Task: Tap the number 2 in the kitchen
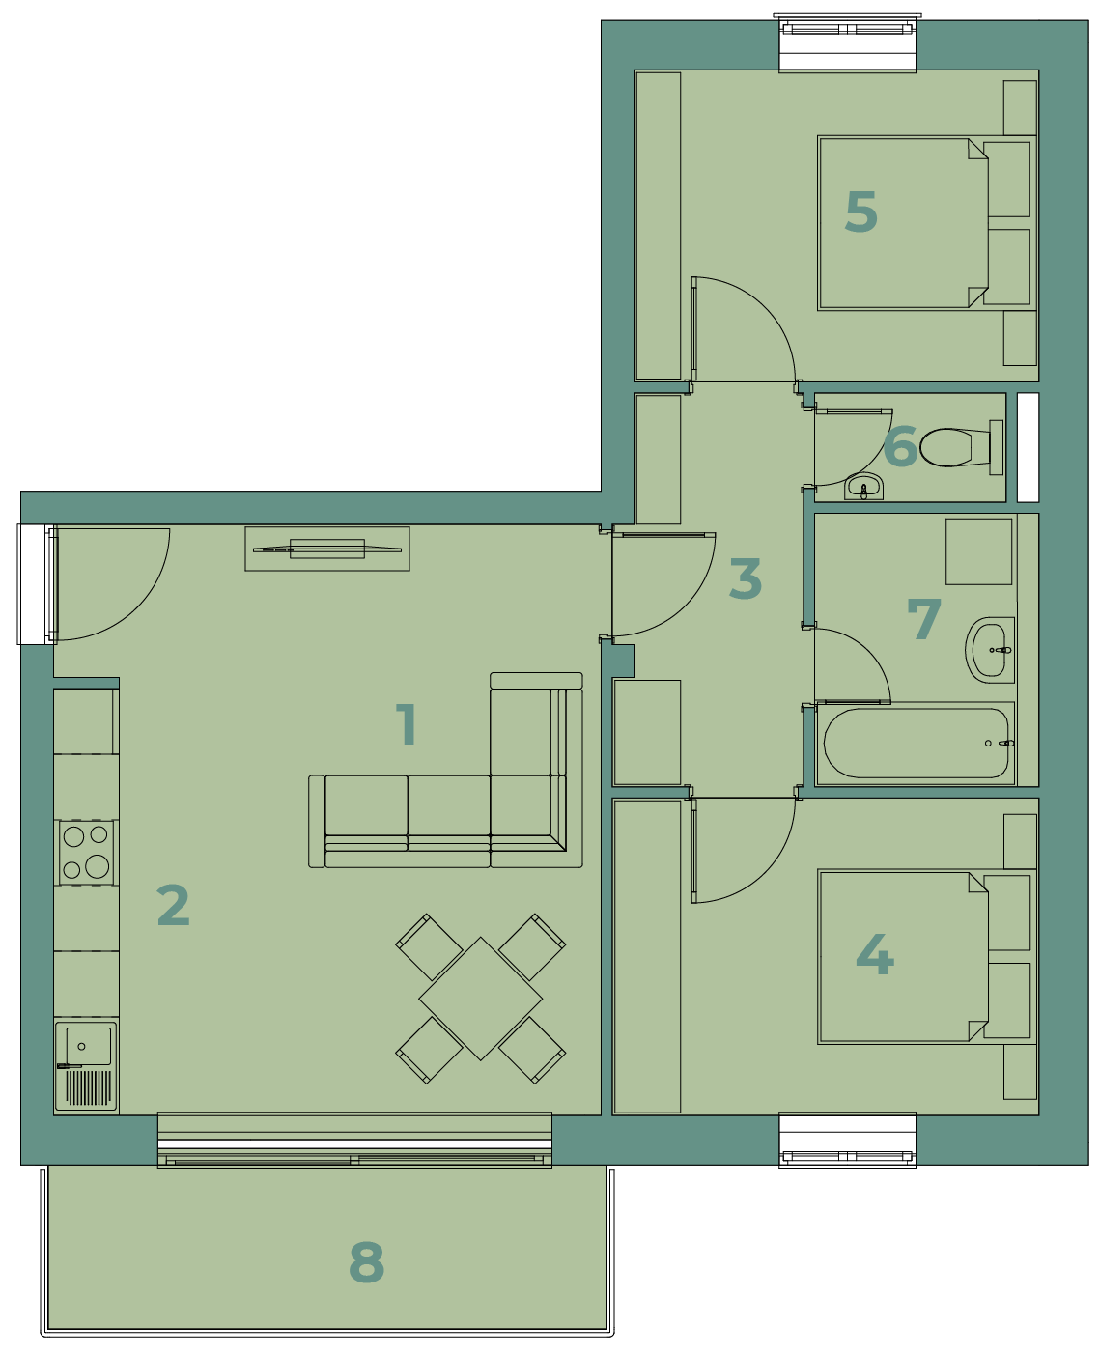click(173, 905)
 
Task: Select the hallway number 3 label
click(746, 578)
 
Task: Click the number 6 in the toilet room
click(900, 446)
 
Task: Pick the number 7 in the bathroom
click(923, 619)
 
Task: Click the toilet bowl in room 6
click(961, 447)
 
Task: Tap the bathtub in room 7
click(916, 743)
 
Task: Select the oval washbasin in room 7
click(990, 650)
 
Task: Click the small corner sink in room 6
click(863, 487)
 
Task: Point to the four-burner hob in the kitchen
click(86, 853)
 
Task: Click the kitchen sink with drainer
click(86, 1066)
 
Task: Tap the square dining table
click(481, 999)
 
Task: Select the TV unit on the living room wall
click(326, 549)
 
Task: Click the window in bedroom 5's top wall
click(847, 42)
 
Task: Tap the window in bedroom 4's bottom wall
click(847, 1141)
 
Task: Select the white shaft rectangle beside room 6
click(1028, 447)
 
